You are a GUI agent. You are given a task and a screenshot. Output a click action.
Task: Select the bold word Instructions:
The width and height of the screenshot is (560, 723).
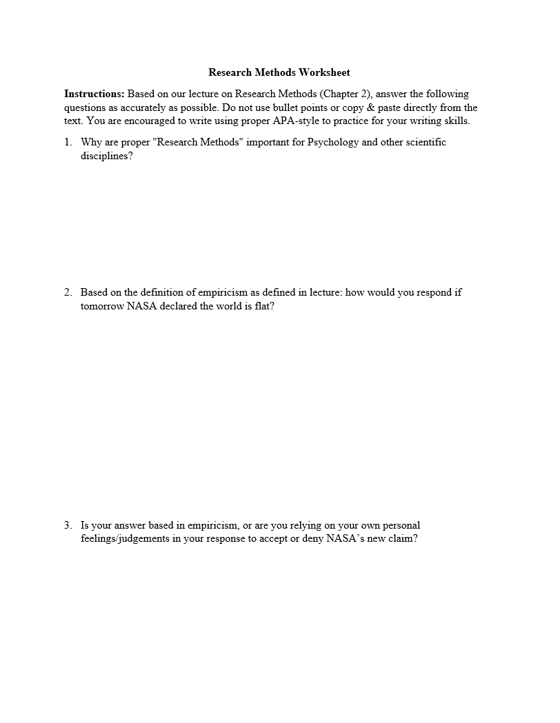coord(94,94)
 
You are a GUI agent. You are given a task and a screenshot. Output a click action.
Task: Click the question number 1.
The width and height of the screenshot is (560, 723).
coord(68,142)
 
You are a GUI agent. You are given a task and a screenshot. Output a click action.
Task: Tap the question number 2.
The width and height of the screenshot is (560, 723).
coord(68,292)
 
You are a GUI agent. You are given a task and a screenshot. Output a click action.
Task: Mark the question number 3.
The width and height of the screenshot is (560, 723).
coord(68,525)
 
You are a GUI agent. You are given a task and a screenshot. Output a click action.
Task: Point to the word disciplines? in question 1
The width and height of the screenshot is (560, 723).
coord(106,156)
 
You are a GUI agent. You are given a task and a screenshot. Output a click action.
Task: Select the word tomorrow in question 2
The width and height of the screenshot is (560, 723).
coord(102,306)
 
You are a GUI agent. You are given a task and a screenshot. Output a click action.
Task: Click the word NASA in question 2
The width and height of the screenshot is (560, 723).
coord(141,306)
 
